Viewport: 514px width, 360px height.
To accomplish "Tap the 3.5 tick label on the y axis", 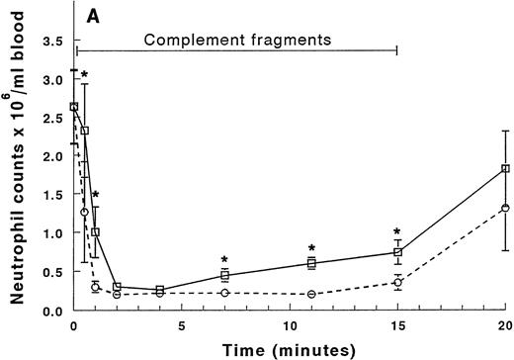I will (x=52, y=43).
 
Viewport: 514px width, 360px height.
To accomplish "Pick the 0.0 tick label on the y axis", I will (x=52, y=311).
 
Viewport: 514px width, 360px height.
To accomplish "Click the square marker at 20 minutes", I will (x=505, y=169).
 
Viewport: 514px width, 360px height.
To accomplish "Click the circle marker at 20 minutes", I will (x=505, y=208).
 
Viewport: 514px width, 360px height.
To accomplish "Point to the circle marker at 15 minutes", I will (x=397, y=283).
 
